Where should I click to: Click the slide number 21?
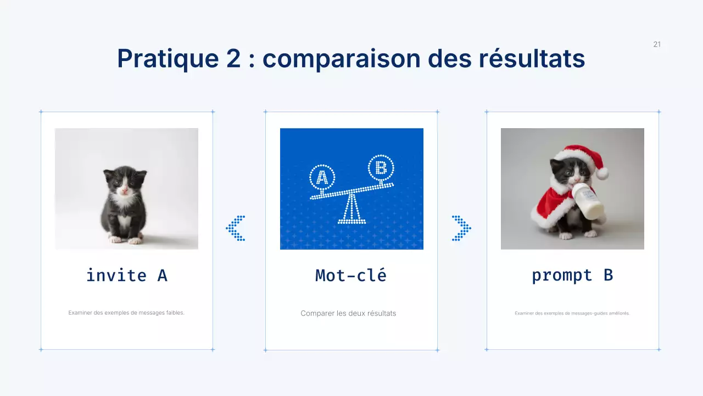657,45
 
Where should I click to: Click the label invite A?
126,275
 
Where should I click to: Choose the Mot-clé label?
351,275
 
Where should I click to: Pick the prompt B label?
572,275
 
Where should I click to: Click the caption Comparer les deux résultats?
348,313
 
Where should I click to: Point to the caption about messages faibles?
126,313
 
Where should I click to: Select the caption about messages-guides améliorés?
572,313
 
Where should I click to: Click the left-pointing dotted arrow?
236,228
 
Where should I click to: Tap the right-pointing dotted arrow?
461,228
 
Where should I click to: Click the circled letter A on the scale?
322,177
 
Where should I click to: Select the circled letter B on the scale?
381,167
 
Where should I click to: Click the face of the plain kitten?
125,184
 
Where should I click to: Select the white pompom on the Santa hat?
602,173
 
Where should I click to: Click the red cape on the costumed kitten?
549,204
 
